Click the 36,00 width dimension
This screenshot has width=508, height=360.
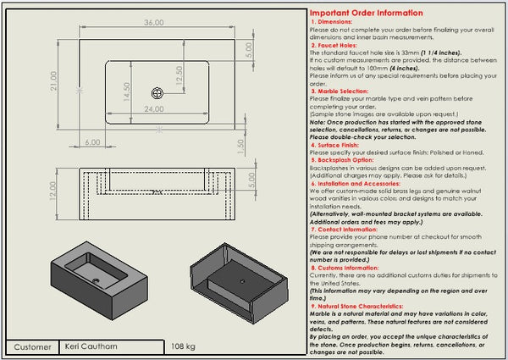coord(153,21)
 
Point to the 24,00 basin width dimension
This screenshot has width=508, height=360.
coord(153,109)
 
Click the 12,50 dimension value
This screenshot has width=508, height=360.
coord(179,77)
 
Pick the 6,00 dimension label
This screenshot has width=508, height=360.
coord(92,141)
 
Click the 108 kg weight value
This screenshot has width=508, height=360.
coord(184,346)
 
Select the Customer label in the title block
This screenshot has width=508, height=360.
coord(33,346)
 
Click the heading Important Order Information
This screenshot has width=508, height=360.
coord(366,14)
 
